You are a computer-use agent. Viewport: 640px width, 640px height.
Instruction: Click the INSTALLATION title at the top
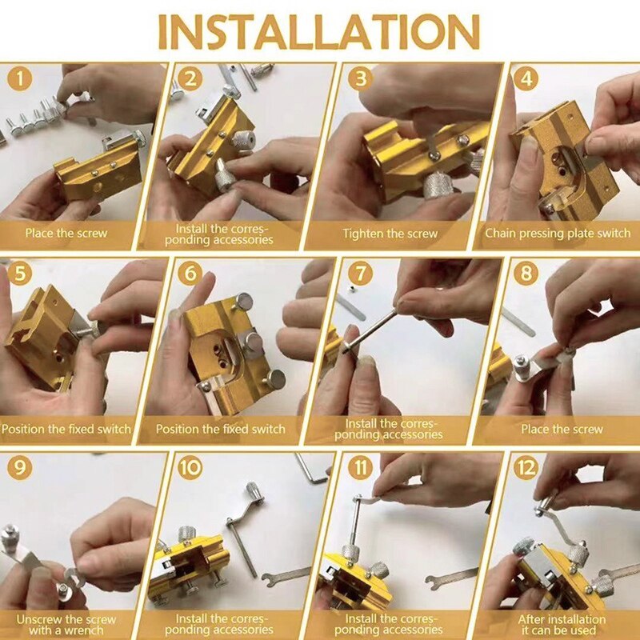click(318, 31)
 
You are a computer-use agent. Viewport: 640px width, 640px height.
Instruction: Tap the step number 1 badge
click(19, 78)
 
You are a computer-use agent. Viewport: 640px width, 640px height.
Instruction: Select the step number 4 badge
click(526, 78)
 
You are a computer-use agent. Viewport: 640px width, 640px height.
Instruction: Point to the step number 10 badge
click(190, 467)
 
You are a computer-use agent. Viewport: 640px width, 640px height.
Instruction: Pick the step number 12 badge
click(526, 467)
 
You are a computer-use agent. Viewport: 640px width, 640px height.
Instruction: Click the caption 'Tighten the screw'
click(390, 234)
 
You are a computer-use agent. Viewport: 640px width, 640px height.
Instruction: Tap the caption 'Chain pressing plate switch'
click(558, 234)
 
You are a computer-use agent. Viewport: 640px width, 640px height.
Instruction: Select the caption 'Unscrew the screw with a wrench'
click(66, 625)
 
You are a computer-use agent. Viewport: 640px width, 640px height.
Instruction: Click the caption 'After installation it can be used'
click(562, 625)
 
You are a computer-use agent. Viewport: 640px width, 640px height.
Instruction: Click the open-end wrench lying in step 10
click(286, 576)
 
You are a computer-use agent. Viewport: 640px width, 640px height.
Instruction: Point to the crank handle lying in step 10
click(244, 526)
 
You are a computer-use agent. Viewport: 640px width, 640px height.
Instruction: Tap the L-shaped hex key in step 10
click(310, 470)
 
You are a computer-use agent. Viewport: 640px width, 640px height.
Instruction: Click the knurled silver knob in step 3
click(437, 185)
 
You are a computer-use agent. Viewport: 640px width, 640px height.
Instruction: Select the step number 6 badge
click(190, 273)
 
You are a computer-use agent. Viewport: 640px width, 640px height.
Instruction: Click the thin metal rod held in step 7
click(370, 330)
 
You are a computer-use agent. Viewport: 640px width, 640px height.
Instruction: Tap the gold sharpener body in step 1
click(98, 170)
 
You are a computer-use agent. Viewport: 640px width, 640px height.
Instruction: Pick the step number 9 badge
click(19, 467)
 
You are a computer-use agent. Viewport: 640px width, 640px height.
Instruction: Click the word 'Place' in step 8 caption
click(534, 429)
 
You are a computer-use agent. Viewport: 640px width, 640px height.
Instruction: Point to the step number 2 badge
click(190, 78)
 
